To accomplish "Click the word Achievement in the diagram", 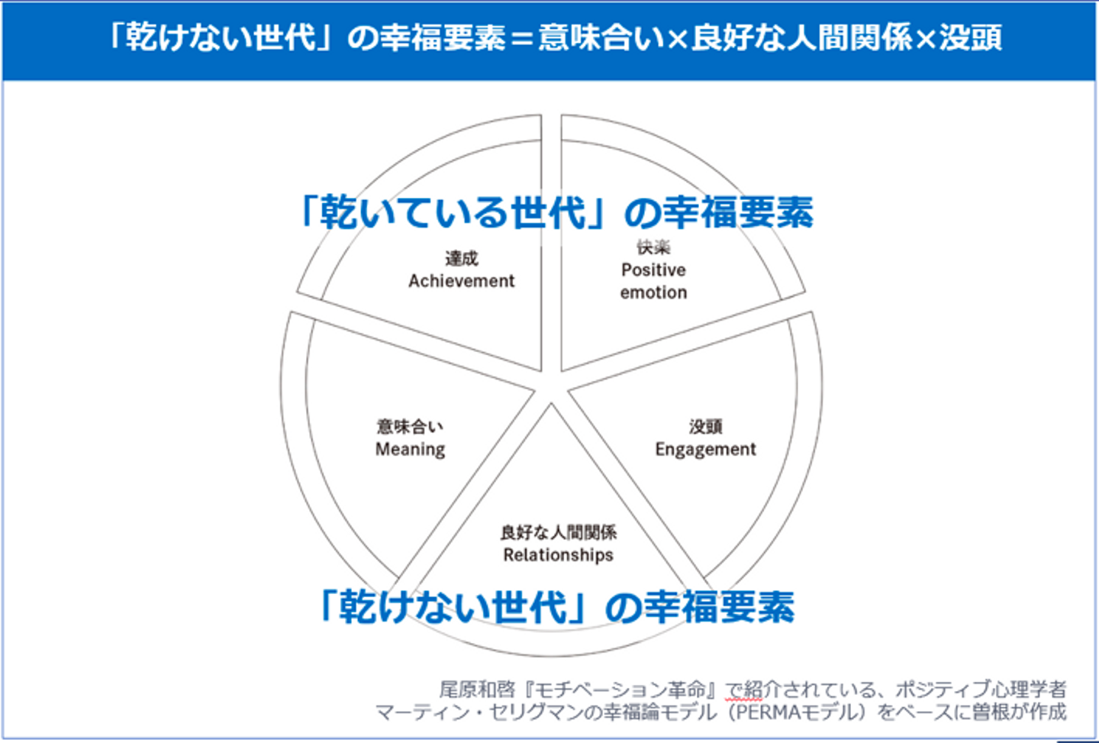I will coord(461,281).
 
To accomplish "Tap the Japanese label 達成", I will coord(461,258).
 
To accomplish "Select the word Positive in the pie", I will coord(653,270).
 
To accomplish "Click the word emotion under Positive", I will coord(653,292).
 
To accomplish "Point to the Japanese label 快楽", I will coord(653,247).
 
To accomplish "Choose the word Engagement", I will coord(705,449).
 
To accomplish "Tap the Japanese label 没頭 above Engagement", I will coord(705,426).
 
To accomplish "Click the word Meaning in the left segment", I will coord(410,449).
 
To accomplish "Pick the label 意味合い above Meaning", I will coord(410,426).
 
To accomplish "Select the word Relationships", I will coord(558,555).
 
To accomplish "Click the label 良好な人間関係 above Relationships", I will coord(558,532).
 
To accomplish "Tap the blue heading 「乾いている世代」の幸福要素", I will coord(556,212).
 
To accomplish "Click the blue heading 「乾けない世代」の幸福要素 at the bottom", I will coord(556,608).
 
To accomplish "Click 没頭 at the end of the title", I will coord(970,37).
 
